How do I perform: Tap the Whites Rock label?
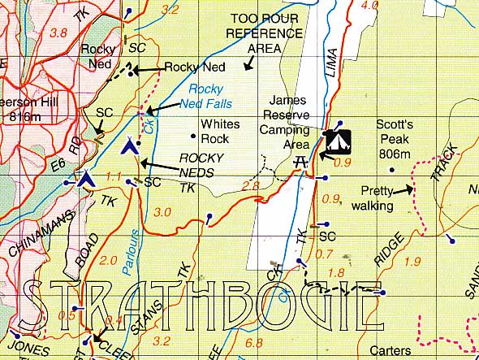coord(220,132)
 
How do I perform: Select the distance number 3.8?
coord(58,33)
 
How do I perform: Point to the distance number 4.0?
coord(369,5)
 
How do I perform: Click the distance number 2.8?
coord(249,187)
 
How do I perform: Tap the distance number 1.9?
coord(412,261)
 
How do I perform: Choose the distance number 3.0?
coord(162,212)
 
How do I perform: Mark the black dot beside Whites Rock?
coord(192,136)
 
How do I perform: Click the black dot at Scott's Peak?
coord(391,170)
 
